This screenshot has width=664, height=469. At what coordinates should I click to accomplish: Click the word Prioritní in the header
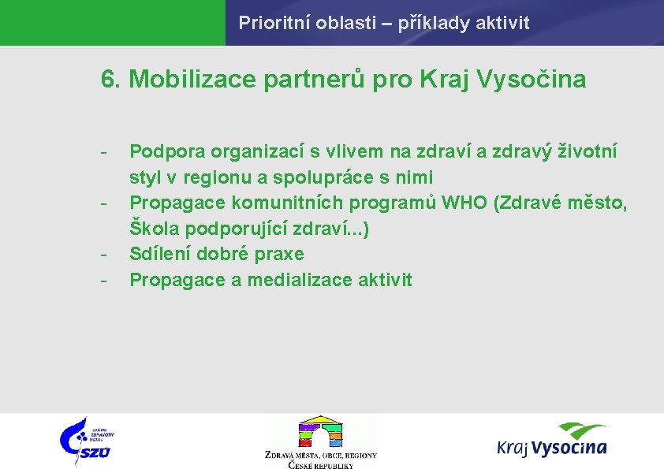coord(267,23)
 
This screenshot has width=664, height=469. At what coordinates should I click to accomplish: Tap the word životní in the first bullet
coord(588,150)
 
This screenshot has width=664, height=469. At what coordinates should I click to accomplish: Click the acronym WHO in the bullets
coord(464,203)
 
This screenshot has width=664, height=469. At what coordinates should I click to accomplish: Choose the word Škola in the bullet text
coord(151,229)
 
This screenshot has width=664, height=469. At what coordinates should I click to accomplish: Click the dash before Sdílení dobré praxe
coord(104,255)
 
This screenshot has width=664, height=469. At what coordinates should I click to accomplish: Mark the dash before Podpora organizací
coord(104,151)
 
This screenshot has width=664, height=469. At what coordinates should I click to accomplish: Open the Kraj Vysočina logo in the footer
coord(552,440)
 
